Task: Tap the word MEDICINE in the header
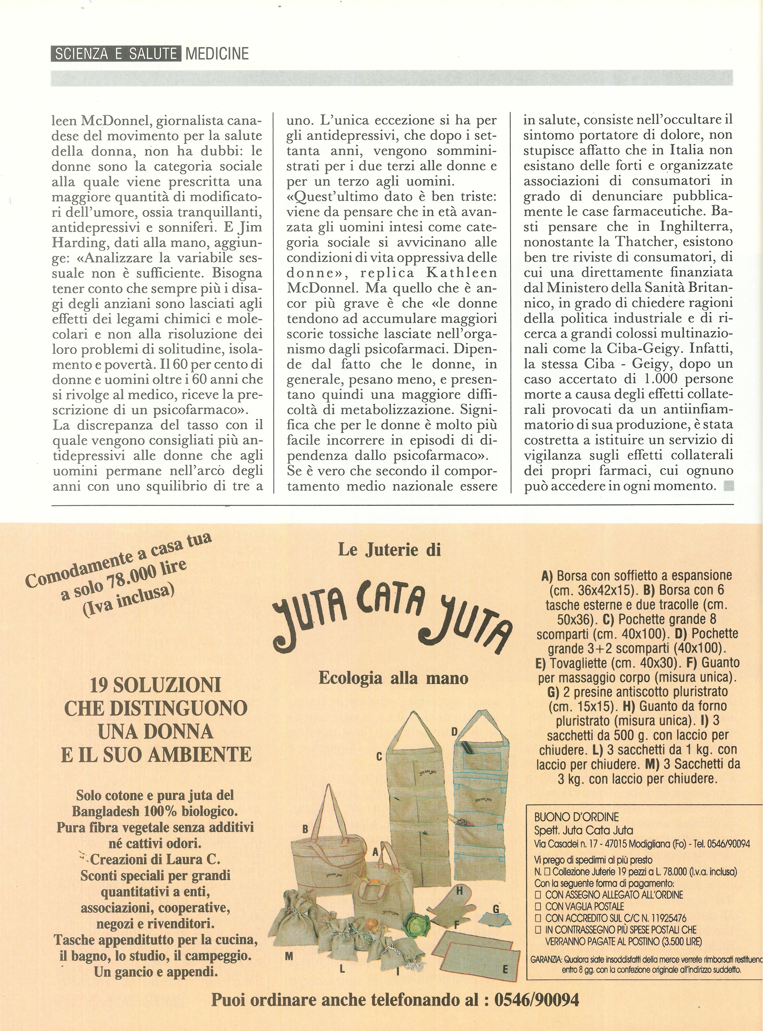[217, 54]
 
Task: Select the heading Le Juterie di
[389, 550]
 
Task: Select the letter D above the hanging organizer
[454, 732]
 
